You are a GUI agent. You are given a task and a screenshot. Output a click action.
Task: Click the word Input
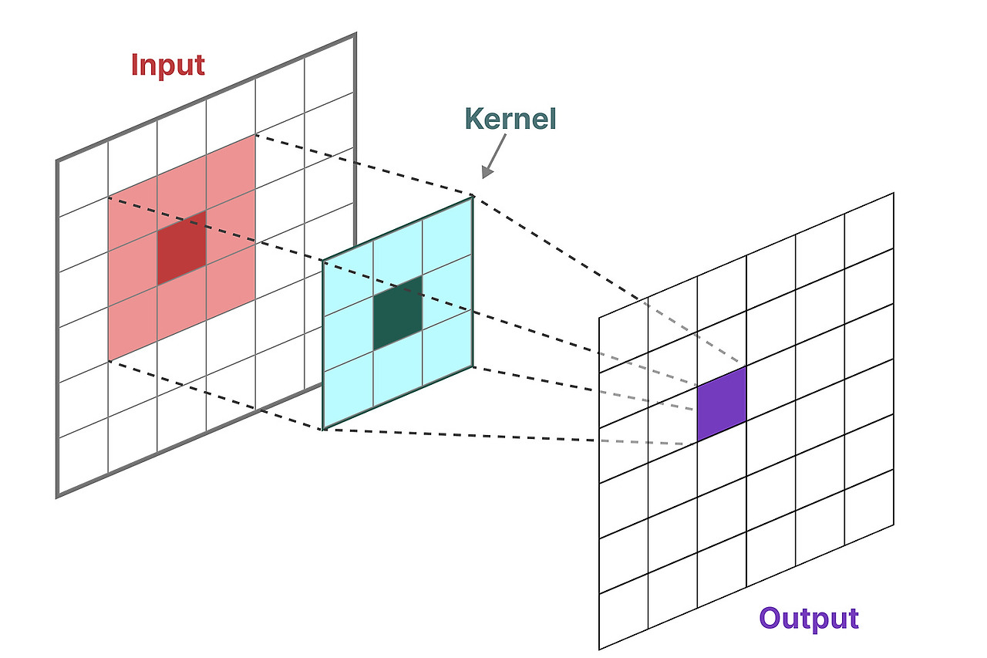click(168, 65)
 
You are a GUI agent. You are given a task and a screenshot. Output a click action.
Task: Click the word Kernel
click(510, 119)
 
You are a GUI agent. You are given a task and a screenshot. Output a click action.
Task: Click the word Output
click(808, 618)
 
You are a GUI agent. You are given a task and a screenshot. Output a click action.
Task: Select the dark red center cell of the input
click(181, 247)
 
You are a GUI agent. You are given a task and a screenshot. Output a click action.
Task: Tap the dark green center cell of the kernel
click(398, 312)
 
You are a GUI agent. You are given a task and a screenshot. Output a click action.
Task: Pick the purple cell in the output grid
click(722, 403)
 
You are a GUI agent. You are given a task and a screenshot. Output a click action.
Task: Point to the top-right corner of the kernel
click(472, 197)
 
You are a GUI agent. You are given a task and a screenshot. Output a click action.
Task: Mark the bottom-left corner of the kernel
click(323, 429)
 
